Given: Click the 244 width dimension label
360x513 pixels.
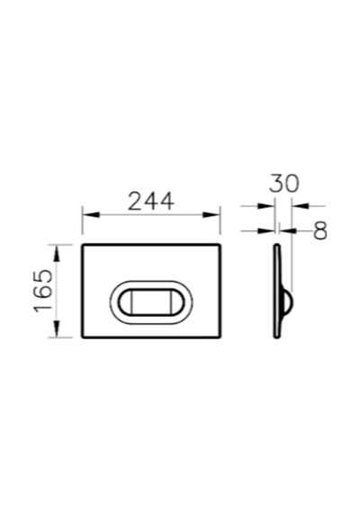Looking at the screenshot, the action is click(151, 201).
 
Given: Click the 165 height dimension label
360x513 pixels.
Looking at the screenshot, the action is click(43, 291).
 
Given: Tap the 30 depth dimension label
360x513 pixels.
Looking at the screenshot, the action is click(284, 183).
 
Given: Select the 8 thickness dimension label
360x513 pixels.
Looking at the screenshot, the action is click(320, 230).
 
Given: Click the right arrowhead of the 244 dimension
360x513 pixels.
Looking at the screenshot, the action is click(211, 215).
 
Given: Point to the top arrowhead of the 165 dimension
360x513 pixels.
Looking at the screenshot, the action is click(57, 253).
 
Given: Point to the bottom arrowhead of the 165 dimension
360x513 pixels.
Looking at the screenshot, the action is click(57, 328).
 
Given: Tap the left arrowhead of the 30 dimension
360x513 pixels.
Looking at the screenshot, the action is click(266, 206).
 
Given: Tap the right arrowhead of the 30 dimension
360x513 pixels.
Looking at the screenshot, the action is click(301, 206).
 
